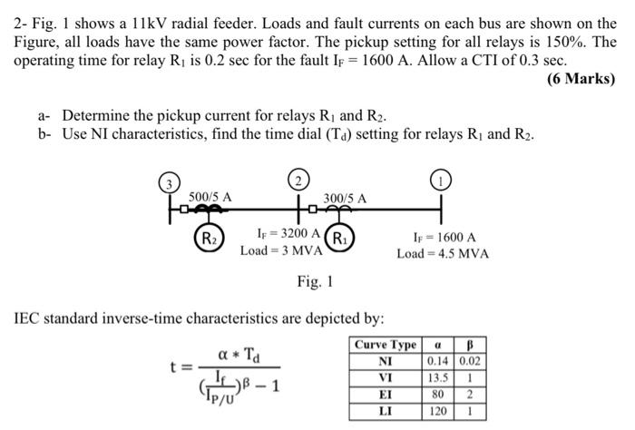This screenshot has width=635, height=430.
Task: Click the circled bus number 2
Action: point(300,177)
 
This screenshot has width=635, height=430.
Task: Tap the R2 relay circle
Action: point(210,241)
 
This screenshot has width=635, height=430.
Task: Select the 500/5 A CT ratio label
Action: point(210,196)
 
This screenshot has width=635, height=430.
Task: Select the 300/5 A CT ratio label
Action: point(346,197)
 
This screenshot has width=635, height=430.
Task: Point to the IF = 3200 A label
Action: point(286,232)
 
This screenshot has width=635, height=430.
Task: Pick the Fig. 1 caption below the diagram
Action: point(315,282)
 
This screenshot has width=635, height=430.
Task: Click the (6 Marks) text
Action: point(581,79)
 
